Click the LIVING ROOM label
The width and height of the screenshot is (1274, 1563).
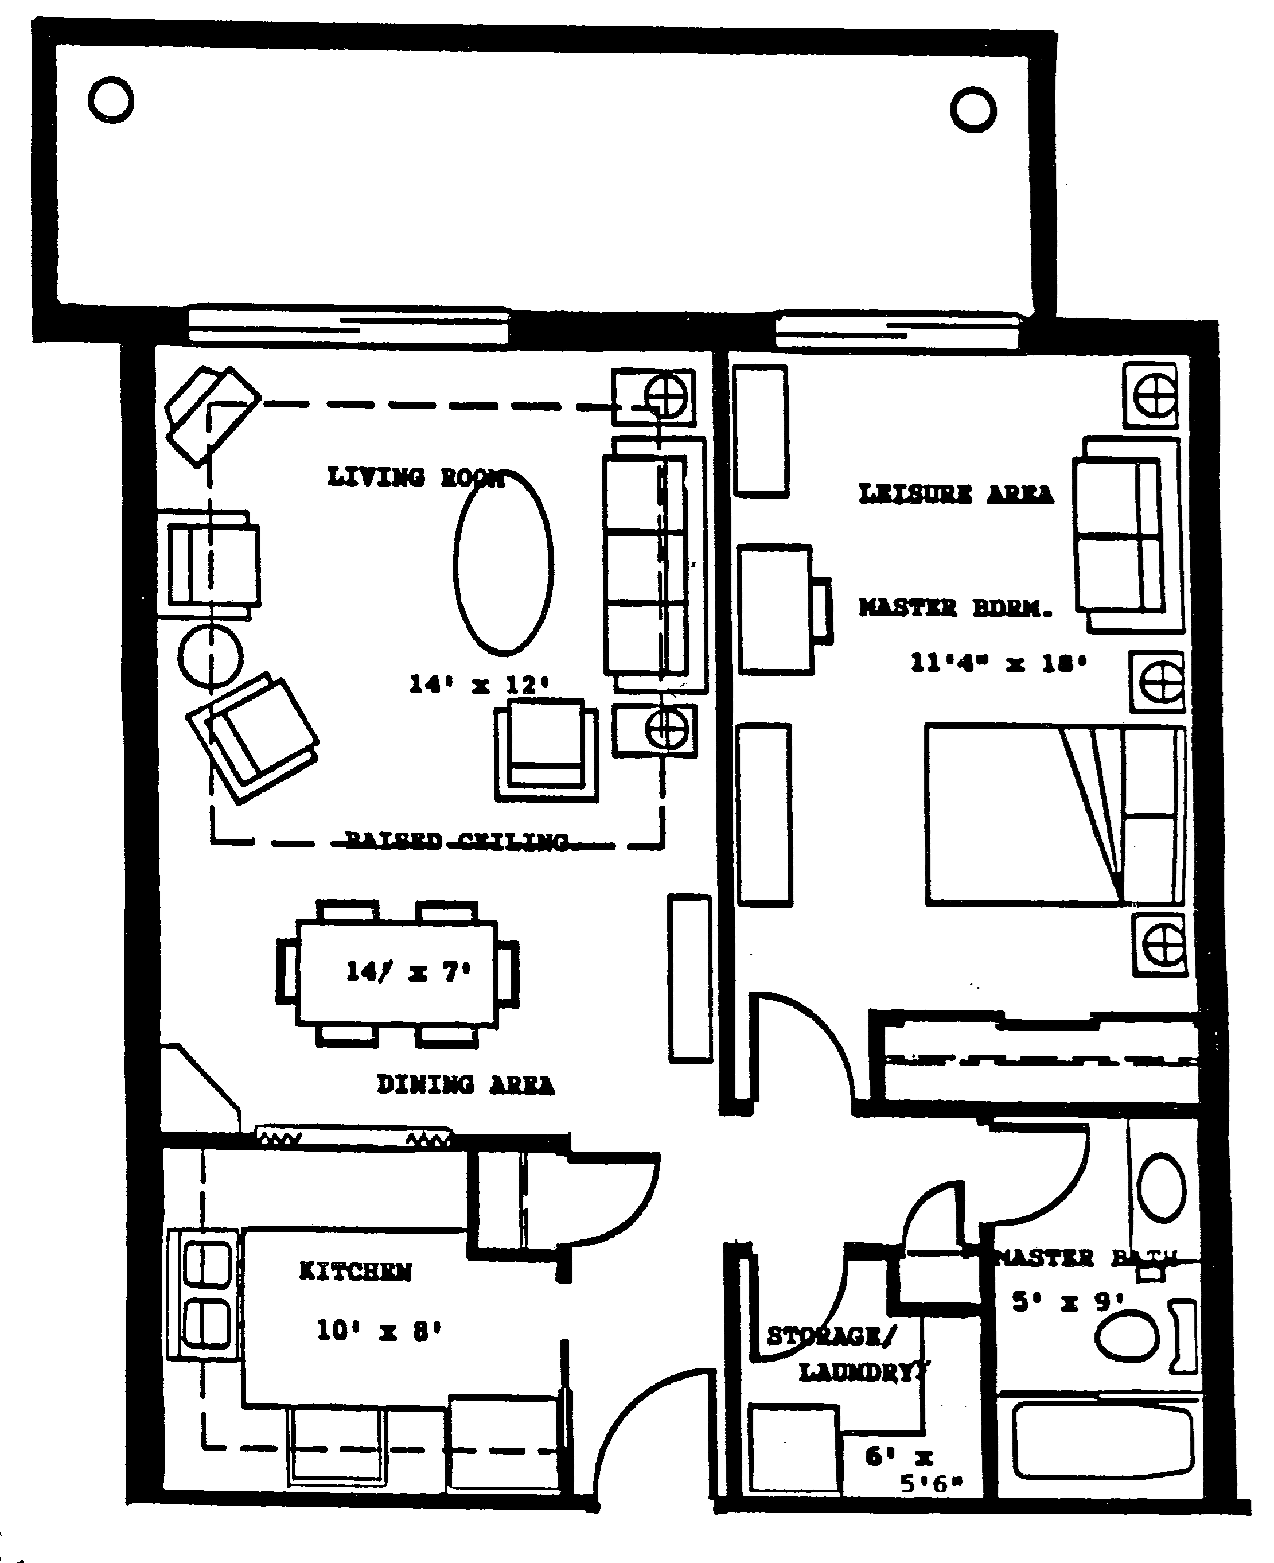(415, 478)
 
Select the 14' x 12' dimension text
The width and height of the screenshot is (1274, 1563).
(478, 684)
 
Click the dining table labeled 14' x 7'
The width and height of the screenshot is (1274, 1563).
(397, 973)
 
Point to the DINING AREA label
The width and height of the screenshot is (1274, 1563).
(465, 1084)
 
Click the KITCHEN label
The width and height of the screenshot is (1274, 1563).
(355, 1271)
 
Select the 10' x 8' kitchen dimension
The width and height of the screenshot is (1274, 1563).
(378, 1329)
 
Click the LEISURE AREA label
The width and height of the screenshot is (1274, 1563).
(956, 494)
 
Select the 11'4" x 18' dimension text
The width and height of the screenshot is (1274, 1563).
(998, 664)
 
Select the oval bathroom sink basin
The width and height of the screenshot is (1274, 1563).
(1161, 1187)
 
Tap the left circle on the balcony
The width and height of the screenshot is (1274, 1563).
(111, 100)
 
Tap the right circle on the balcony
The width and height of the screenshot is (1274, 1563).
(972, 110)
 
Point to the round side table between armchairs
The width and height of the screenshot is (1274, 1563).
(210, 656)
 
